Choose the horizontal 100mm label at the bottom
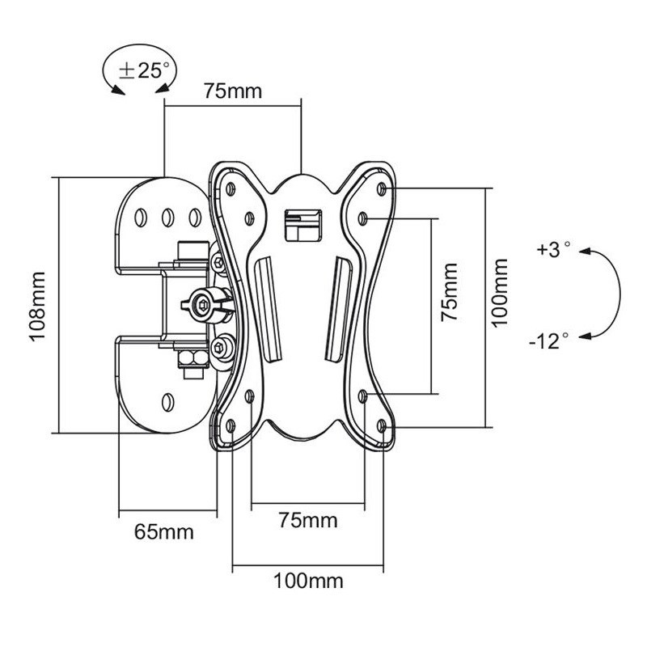click(308, 581)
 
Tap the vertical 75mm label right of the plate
click(450, 293)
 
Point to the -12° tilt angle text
click(549, 340)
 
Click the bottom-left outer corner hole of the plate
click(232, 423)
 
